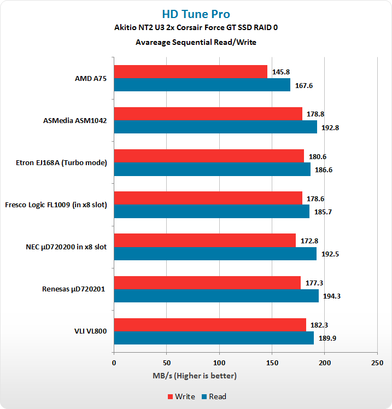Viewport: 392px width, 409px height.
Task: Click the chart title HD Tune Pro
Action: click(196, 14)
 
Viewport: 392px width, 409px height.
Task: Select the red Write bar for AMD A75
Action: click(190, 72)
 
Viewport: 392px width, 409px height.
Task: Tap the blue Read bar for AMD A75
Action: click(202, 85)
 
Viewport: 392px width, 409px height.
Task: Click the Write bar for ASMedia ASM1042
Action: click(208, 114)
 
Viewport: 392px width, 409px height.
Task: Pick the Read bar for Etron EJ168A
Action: click(212, 170)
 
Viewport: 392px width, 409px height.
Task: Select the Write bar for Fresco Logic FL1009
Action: click(208, 198)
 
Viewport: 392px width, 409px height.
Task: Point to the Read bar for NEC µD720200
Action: click(215, 254)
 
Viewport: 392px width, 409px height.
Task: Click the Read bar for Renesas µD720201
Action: click(216, 296)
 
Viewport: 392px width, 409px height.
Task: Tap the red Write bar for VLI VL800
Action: click(210, 325)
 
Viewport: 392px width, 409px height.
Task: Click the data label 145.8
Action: click(282, 72)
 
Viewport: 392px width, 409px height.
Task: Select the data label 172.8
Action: click(310, 241)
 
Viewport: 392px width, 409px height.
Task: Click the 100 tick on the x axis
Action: click(219, 363)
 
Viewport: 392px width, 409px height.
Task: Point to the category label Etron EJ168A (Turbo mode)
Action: click(62, 163)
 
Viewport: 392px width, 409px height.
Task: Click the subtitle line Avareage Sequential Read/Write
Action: click(196, 42)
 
